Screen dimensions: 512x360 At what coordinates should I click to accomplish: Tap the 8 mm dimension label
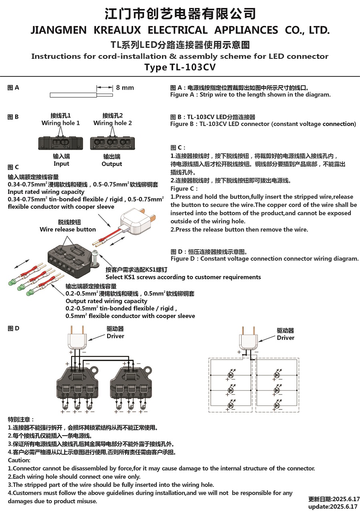[x=125, y=88]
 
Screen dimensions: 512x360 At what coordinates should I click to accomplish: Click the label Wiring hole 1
[x=60, y=123]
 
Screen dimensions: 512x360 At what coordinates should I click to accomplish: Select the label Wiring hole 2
[x=112, y=123]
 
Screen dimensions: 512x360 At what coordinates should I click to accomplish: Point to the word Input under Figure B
[x=61, y=164]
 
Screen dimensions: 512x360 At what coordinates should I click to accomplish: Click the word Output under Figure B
[x=112, y=164]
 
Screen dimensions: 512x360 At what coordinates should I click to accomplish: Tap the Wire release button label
[x=68, y=229]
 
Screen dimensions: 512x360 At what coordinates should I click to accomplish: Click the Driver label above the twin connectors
[x=115, y=336]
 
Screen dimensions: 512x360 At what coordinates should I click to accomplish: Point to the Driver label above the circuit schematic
[x=286, y=338]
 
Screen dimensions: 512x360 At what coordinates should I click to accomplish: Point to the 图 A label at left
[x=13, y=88]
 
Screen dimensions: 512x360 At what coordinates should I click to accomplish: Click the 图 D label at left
[x=13, y=328]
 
